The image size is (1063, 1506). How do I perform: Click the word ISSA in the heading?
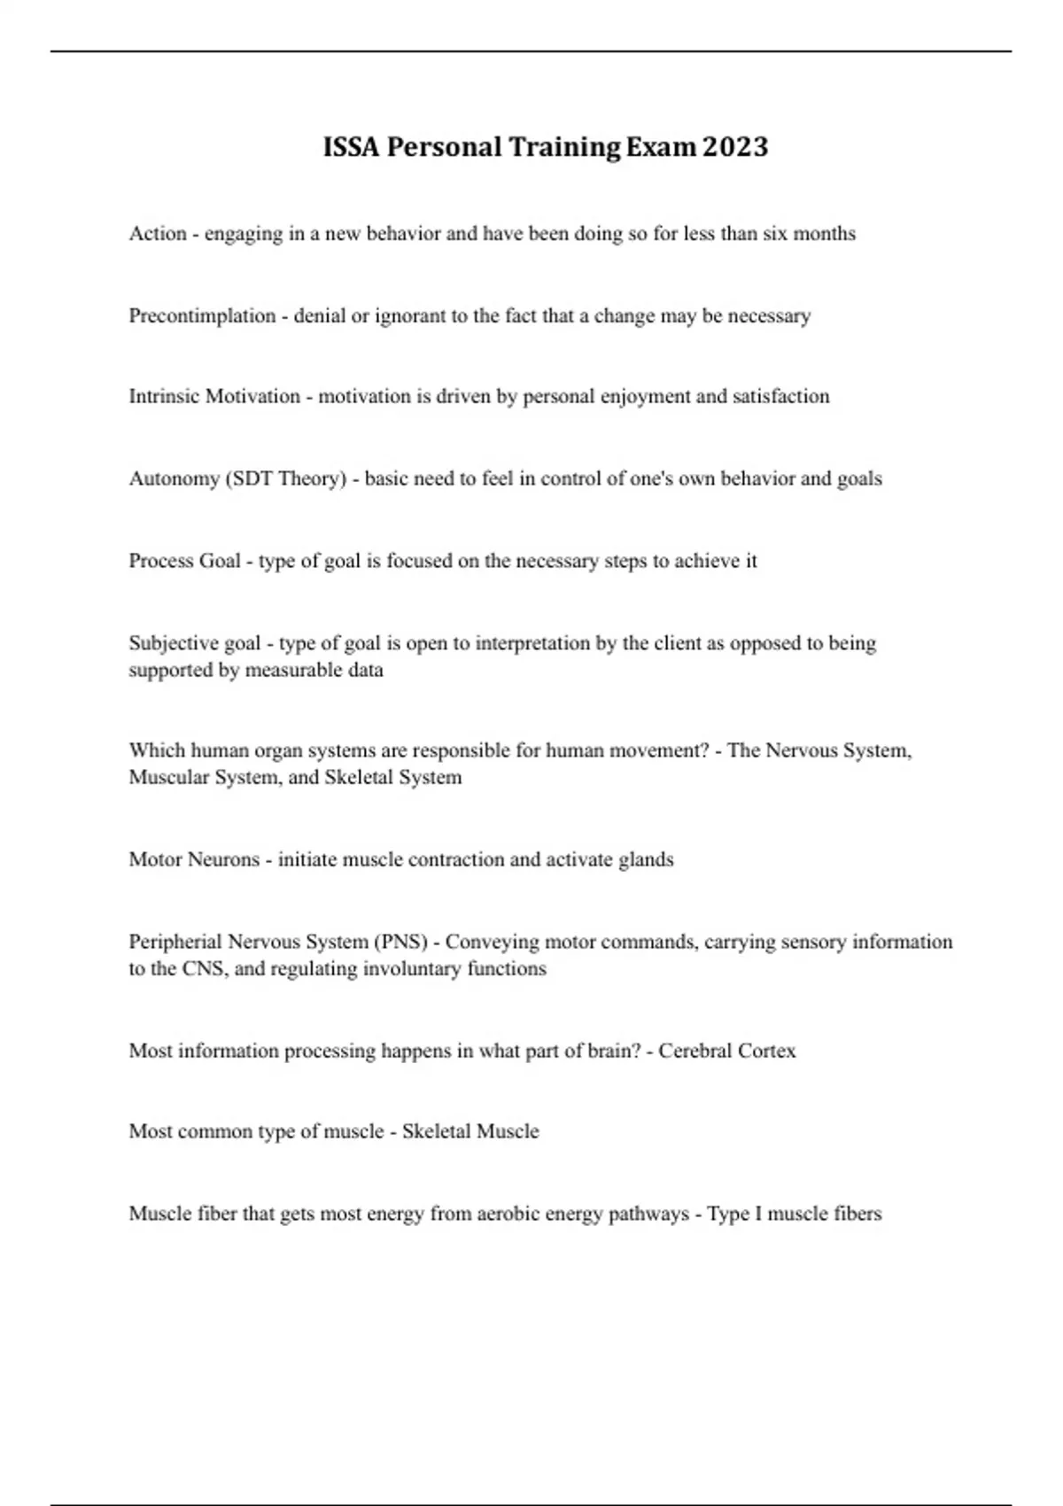pos(352,147)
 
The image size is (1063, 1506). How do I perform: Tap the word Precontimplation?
pos(202,316)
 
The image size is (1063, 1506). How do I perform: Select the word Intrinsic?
pos(164,396)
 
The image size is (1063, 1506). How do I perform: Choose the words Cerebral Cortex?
pos(726,1051)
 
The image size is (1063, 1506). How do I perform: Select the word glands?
pos(646,859)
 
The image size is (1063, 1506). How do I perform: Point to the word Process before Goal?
pos(160,561)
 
